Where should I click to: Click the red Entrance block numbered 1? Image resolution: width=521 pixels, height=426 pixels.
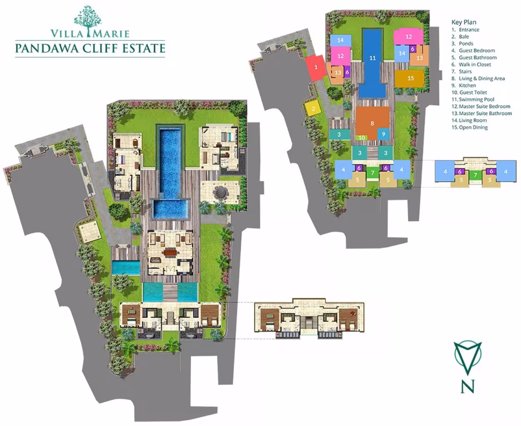(x=316, y=68)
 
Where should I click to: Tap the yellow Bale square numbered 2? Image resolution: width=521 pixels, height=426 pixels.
(x=313, y=108)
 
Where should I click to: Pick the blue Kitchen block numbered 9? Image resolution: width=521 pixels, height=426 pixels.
(x=383, y=134)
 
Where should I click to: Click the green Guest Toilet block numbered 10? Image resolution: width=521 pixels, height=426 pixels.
(x=362, y=138)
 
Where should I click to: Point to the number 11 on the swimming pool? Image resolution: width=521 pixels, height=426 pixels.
(x=372, y=58)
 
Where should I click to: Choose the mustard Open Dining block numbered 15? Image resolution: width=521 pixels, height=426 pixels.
(x=409, y=78)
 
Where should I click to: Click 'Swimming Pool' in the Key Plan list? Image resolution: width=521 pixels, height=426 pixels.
(x=476, y=99)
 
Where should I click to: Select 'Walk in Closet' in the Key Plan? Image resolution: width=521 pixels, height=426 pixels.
(x=475, y=65)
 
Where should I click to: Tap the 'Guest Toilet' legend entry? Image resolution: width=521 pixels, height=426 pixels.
(x=473, y=93)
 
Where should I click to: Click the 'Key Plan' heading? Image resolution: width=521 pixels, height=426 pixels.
(x=463, y=22)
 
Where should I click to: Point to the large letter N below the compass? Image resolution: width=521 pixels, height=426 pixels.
(x=467, y=386)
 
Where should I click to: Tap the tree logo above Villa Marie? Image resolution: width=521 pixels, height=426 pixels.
(x=88, y=20)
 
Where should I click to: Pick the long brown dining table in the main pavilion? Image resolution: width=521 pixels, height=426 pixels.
(x=170, y=253)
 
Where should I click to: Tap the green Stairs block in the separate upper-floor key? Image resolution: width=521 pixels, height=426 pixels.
(x=475, y=175)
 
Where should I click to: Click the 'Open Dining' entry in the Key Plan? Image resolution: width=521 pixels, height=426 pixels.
(x=473, y=127)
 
